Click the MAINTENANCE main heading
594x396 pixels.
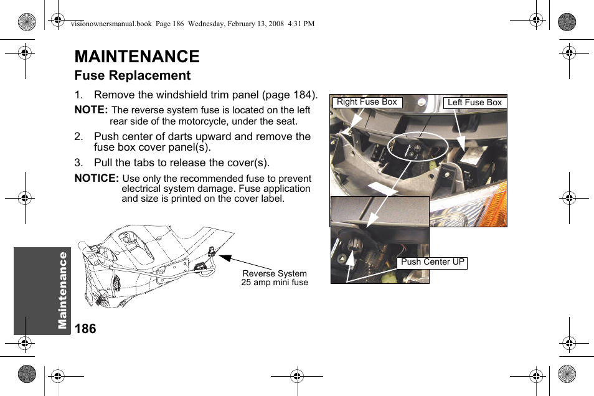click(x=137, y=57)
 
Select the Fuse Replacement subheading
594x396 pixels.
click(x=132, y=75)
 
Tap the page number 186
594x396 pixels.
click(x=85, y=329)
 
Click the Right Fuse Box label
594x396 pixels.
click(x=367, y=102)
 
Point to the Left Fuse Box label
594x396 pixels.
click(x=474, y=103)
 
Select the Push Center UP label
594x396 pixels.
click(x=432, y=262)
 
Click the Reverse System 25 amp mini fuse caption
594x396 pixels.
click(x=275, y=278)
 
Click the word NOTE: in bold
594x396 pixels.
click(x=91, y=110)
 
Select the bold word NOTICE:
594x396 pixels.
click(x=97, y=179)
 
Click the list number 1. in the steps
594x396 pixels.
click(x=78, y=95)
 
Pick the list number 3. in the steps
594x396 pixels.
click(x=78, y=163)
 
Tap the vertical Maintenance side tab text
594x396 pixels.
click(x=63, y=290)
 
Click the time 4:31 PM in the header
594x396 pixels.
click(x=301, y=24)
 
